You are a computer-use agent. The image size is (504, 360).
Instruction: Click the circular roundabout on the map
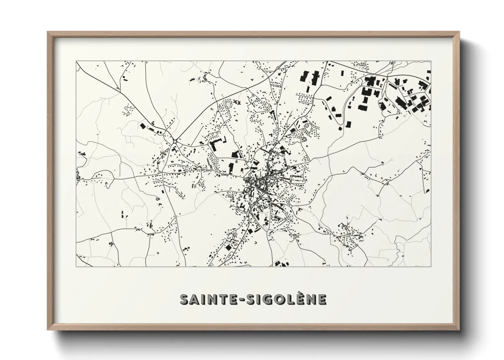point(175,141)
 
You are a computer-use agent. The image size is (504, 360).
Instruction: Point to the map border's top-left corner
point(76,61)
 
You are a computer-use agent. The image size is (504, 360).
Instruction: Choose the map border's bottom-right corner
point(431,266)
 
